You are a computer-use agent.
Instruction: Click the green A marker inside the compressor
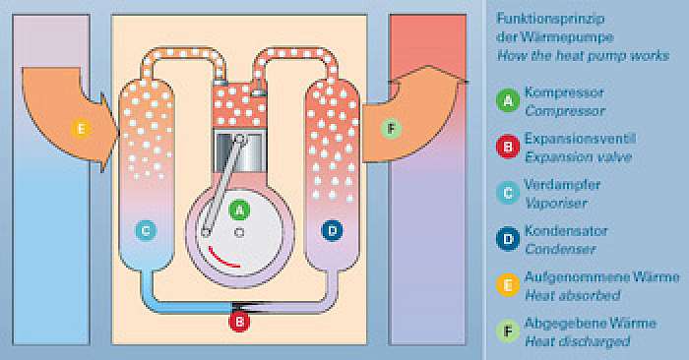(239, 210)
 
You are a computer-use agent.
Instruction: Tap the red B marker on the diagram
(239, 322)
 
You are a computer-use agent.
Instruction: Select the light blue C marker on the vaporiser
(146, 230)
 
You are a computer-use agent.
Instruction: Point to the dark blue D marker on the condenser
(333, 230)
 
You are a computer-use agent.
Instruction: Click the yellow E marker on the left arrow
(82, 129)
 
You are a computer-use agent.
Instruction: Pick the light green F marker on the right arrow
(391, 129)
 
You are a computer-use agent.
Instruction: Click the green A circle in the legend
(508, 100)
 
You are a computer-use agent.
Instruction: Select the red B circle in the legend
(508, 147)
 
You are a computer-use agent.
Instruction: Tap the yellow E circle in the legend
(508, 284)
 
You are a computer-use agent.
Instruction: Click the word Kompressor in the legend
(564, 92)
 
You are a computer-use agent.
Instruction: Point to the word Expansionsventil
(580, 139)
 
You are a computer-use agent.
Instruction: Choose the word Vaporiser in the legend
(556, 203)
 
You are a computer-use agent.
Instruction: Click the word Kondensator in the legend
(566, 231)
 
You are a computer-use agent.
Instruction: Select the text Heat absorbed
(573, 295)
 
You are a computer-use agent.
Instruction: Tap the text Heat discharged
(578, 341)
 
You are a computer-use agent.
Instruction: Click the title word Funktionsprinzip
(550, 19)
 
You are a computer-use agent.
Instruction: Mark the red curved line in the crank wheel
(222, 259)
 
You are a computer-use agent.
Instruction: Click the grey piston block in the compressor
(239, 151)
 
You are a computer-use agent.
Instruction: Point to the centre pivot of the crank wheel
(239, 232)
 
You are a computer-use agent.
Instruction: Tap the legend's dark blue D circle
(508, 239)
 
